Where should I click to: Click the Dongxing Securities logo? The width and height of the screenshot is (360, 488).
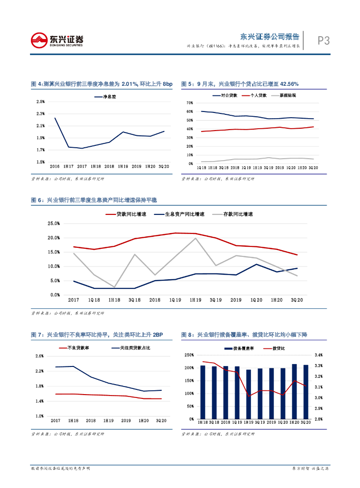(57, 40)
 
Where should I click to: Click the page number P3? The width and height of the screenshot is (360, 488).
(324, 41)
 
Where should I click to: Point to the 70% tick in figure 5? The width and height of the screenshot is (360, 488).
(190, 103)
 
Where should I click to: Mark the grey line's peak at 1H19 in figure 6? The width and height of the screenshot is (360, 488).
(195, 238)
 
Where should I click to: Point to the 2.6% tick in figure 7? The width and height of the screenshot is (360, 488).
(40, 356)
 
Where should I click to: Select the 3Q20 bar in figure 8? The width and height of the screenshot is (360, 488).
(306, 392)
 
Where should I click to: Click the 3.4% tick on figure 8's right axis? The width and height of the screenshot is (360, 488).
(319, 355)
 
